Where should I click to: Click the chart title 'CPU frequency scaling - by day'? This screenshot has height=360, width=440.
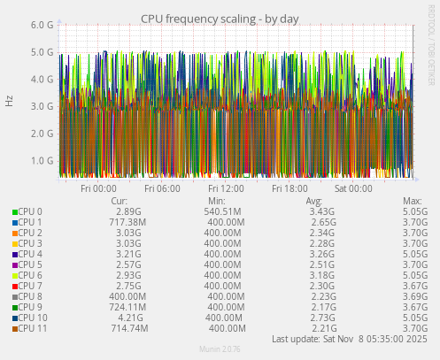(220, 19)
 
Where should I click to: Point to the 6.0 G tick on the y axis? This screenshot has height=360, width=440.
(42, 26)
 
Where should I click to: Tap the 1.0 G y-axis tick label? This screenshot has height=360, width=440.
(42, 161)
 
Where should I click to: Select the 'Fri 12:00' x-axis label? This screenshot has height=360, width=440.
(226, 188)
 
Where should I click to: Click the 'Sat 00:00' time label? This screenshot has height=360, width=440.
(353, 188)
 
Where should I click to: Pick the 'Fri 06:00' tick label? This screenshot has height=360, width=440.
(162, 188)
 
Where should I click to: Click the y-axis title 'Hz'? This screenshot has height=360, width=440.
(10, 101)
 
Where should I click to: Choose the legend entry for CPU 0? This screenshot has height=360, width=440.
(30, 211)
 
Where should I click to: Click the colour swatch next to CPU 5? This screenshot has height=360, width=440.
(15, 264)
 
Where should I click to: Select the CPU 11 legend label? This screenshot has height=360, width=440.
(33, 328)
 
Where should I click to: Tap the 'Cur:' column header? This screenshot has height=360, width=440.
(120, 201)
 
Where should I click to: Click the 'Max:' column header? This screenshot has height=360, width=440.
(412, 201)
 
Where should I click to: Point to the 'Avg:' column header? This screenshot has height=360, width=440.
(314, 201)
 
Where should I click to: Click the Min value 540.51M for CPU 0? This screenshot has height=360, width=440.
(222, 211)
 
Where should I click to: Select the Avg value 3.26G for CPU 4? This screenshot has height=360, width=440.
(320, 254)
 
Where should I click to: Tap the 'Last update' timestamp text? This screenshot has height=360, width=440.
(349, 339)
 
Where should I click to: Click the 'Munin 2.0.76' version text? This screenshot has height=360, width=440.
(220, 349)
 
